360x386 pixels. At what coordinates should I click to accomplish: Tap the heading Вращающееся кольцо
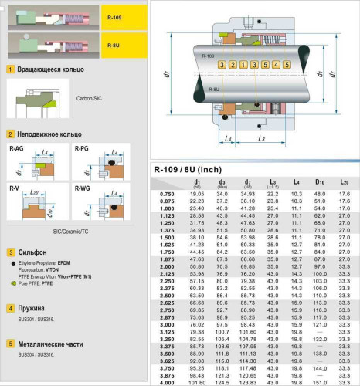(44, 69)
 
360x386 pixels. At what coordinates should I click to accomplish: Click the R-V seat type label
(15, 188)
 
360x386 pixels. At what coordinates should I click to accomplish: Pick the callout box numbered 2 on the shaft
(234, 63)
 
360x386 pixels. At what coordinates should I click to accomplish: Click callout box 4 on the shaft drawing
(267, 63)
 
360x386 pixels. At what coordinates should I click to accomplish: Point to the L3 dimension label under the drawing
(263, 138)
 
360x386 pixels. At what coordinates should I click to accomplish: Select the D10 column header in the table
(319, 182)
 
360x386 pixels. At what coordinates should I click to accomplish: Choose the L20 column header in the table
(344, 182)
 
